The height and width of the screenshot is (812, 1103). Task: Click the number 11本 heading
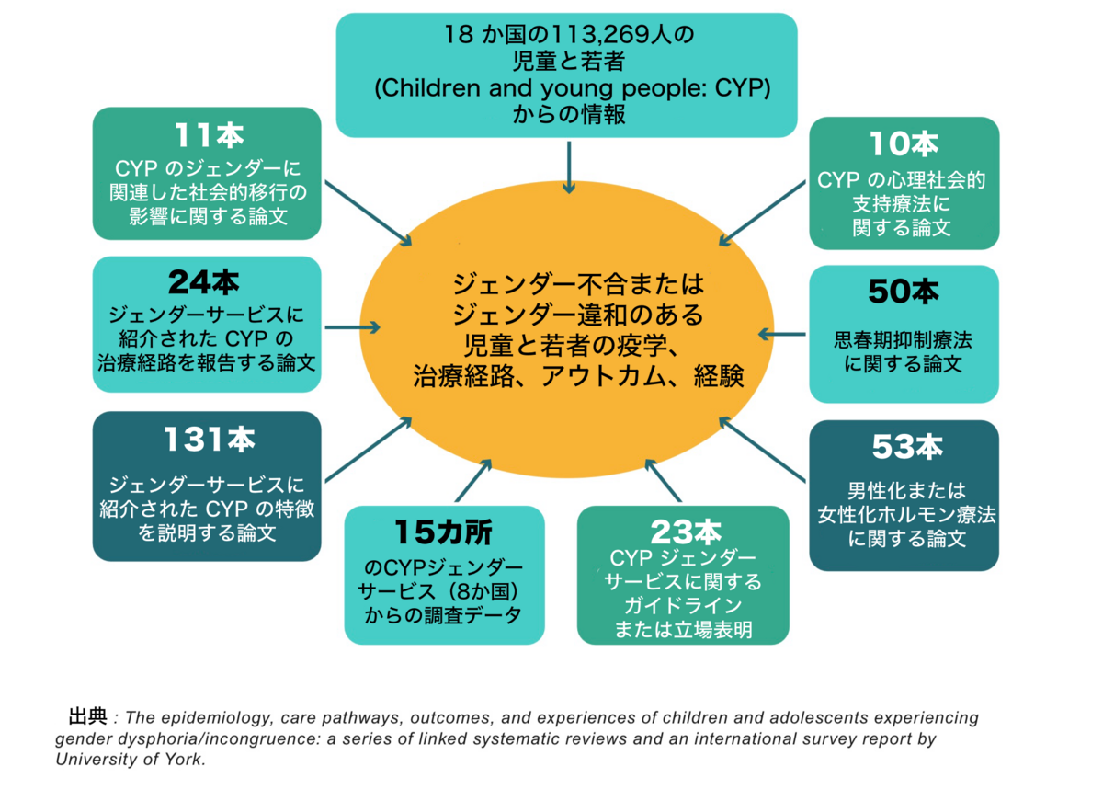pos(209,136)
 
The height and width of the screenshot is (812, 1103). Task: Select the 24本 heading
pos(206,281)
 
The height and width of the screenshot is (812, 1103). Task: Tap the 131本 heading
pos(209,440)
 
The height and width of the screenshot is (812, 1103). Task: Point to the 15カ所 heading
pos(444,532)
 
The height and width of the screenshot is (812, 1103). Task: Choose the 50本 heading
pos(904,292)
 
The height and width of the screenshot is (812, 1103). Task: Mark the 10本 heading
pos(904,143)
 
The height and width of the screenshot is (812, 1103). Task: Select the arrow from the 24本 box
pos(352,327)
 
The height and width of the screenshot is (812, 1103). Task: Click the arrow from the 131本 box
pos(368,450)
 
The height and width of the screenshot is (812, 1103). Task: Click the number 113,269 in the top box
pos(611,37)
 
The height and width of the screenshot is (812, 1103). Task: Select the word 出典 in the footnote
pos(88,715)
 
